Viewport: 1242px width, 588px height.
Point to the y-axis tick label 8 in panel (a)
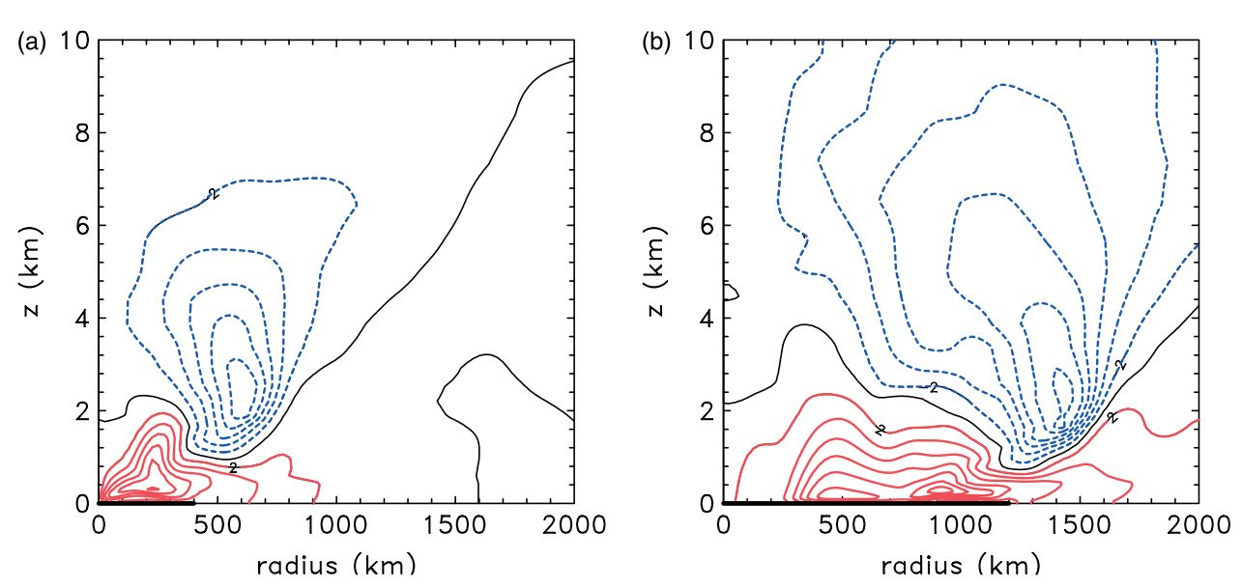coord(82,133)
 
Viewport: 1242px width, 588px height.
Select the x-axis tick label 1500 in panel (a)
coord(455,527)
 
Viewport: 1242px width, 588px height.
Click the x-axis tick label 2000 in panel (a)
coord(574,527)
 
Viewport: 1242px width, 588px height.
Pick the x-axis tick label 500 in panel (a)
coord(217,527)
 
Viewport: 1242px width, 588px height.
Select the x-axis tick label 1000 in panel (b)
coord(962,527)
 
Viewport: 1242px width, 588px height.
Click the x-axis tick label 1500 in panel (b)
coord(1081,527)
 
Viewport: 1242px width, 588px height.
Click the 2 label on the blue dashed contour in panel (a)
coord(214,194)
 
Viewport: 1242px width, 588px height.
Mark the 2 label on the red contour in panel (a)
coord(233,468)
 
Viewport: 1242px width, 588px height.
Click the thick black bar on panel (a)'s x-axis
coord(146,503)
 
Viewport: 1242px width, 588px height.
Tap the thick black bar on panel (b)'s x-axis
coord(866,503)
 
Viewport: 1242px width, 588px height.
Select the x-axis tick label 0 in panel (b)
coord(723,527)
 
